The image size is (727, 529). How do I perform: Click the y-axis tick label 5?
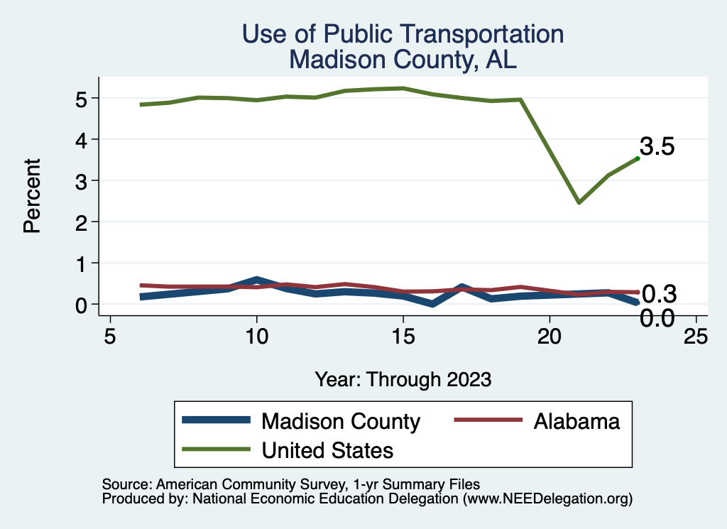[x=82, y=98]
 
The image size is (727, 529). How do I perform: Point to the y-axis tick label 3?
[x=82, y=180]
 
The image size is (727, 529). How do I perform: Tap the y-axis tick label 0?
[x=82, y=305]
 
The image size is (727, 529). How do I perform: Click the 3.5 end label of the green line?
[x=657, y=147]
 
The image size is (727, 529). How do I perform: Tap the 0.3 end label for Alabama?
[x=658, y=293]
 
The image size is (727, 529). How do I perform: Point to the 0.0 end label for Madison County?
[x=657, y=318]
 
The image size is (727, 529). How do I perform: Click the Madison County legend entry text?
[x=341, y=421]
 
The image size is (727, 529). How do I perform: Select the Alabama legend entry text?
[x=576, y=421]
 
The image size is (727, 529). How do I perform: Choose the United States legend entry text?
[x=327, y=449]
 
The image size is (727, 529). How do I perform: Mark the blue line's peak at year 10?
[x=256, y=279]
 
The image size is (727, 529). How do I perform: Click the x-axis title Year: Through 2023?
[x=403, y=379]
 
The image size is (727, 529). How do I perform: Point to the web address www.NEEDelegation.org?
[x=547, y=499]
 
